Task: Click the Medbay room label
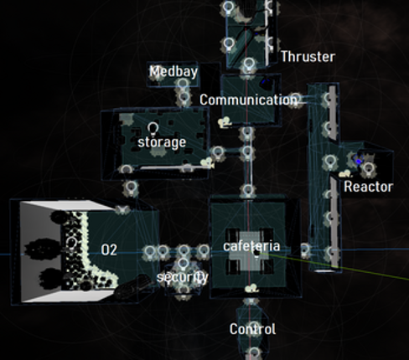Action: (x=173, y=72)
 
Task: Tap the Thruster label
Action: (x=308, y=57)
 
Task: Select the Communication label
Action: (x=248, y=100)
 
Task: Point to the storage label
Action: (x=162, y=143)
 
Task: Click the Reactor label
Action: (x=369, y=187)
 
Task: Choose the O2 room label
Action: (x=109, y=250)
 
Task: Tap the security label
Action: (x=183, y=277)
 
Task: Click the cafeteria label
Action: (x=251, y=246)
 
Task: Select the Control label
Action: (x=252, y=329)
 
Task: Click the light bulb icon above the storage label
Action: (x=153, y=129)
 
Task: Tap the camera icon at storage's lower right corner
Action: (x=208, y=162)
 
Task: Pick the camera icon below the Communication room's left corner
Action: (x=225, y=123)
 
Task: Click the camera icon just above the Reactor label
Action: (x=345, y=174)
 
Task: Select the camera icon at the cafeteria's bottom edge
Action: (x=252, y=288)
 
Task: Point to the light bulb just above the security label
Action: (x=183, y=264)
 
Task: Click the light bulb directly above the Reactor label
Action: (x=369, y=169)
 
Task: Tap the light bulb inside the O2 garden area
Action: (x=71, y=243)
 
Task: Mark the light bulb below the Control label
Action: (x=254, y=353)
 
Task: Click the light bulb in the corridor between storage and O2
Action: (x=131, y=188)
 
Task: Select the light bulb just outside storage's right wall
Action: (x=218, y=153)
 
